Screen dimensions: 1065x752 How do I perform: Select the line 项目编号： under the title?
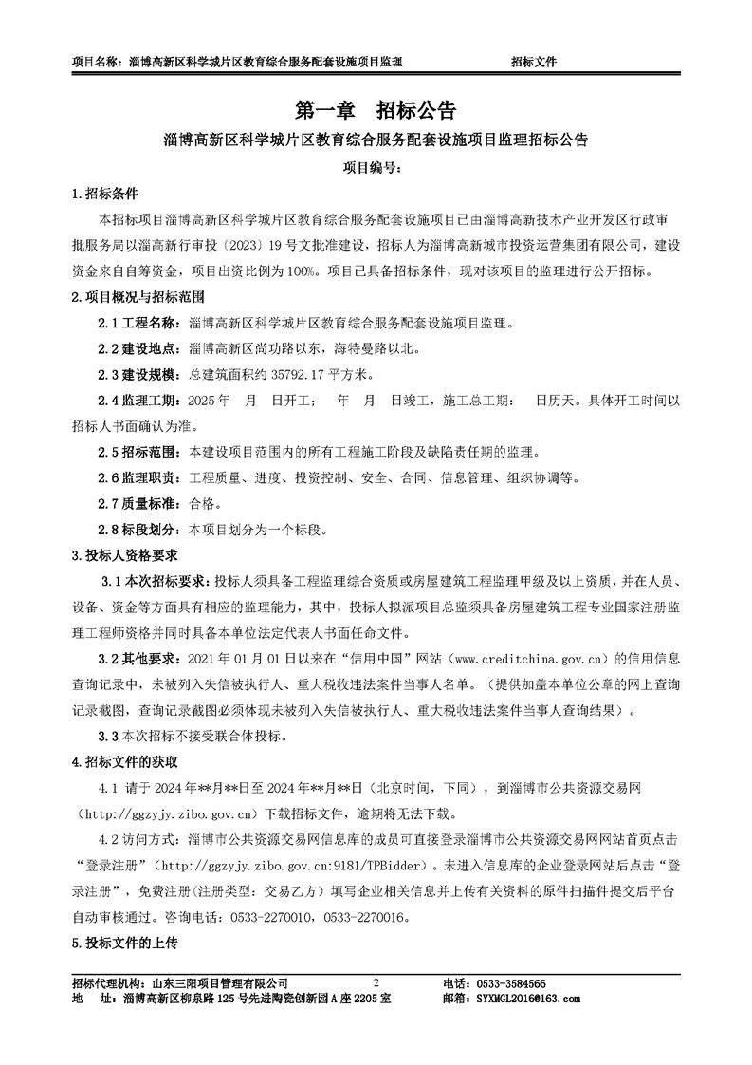point(375,168)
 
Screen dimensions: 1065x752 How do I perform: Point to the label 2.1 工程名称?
point(143,323)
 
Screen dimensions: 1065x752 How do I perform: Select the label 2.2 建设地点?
point(143,348)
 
